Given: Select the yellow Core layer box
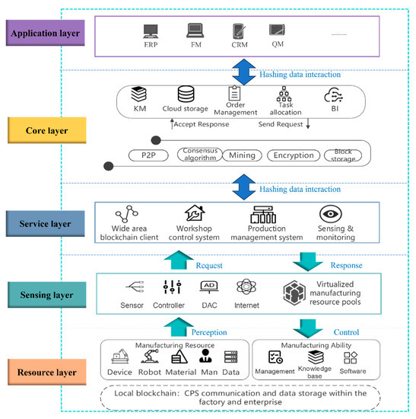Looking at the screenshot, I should click(x=46, y=130).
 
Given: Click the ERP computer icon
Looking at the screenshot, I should click(x=150, y=33).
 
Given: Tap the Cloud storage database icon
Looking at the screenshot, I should click(x=186, y=95).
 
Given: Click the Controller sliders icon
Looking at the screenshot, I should click(x=170, y=288).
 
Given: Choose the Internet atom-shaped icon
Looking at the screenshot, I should click(x=247, y=287).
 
